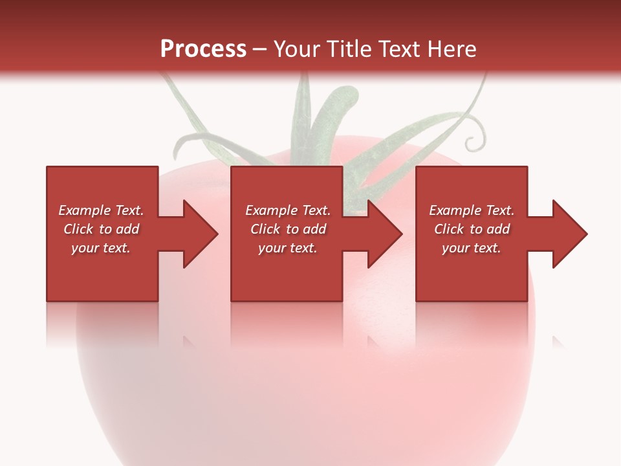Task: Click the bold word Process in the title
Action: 203,49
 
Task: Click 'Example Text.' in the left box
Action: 101,210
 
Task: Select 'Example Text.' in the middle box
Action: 288,210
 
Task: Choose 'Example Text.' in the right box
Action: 472,210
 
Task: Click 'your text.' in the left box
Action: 101,248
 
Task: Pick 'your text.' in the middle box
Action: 288,248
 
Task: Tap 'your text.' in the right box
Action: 472,248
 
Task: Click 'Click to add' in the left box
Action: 101,229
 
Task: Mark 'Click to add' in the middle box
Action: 288,229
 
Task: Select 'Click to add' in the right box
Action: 472,229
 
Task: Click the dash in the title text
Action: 260,50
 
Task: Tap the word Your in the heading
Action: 298,49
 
